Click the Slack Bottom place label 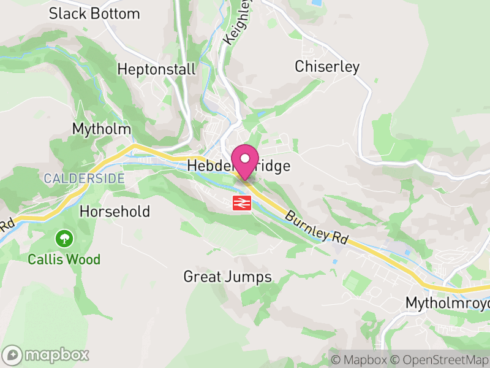(x=94, y=13)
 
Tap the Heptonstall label (x=157, y=69)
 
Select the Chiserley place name (x=327, y=67)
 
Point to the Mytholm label (x=102, y=129)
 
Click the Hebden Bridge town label (x=238, y=166)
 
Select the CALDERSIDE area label (x=84, y=178)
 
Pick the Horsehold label (x=115, y=212)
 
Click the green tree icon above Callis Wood (x=64, y=237)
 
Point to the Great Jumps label (x=227, y=277)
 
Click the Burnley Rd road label (x=316, y=228)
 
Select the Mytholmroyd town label (x=448, y=303)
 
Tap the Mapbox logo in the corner (x=47, y=355)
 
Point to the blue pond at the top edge (x=315, y=2)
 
